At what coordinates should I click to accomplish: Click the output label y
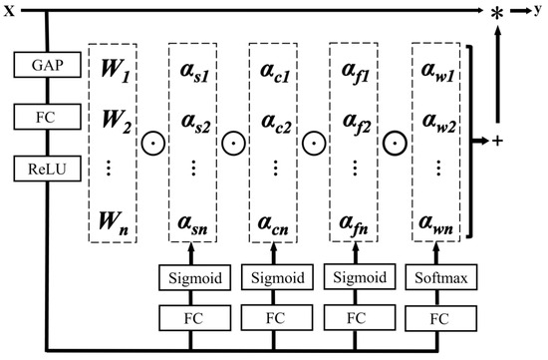click(539, 9)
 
